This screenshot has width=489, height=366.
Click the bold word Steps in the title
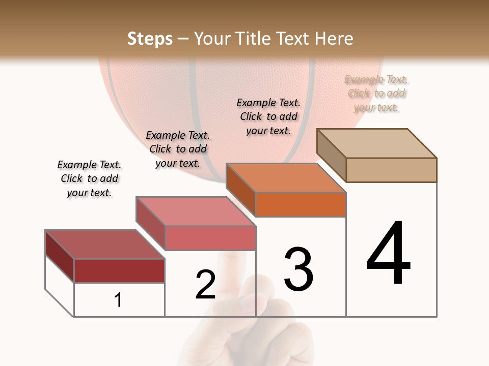150,39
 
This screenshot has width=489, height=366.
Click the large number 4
389,254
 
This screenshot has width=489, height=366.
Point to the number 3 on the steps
298,269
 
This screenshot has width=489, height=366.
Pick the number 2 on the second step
205,285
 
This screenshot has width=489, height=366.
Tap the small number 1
118,300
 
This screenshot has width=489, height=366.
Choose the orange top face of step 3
285,178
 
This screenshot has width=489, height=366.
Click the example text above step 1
89,178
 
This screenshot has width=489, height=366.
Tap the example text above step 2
178,149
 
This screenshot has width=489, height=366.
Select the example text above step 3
268,116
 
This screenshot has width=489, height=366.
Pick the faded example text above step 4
376,94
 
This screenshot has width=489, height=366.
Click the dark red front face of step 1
119,271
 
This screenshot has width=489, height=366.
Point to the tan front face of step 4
391,170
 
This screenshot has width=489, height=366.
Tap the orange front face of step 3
301,205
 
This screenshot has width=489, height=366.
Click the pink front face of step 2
210,238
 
